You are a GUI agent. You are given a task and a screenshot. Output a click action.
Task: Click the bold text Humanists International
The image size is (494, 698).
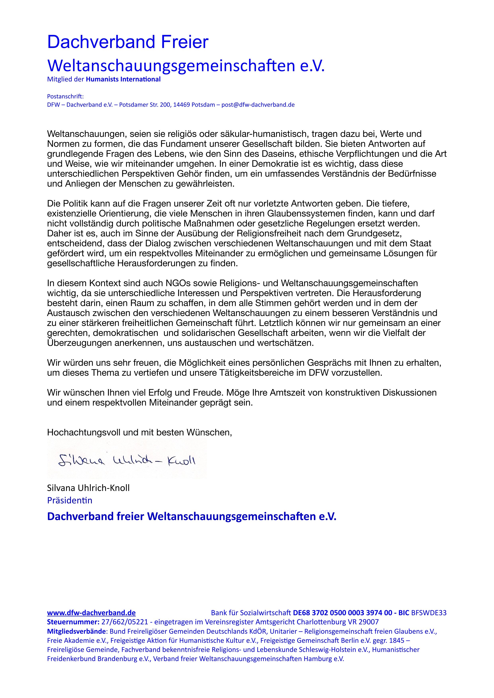(x=123, y=79)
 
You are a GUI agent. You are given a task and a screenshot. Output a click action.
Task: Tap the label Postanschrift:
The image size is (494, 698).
(x=65, y=96)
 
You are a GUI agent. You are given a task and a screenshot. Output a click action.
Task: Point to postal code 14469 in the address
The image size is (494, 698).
(x=182, y=105)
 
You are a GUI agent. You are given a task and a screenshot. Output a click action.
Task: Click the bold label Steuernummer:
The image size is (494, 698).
(x=72, y=622)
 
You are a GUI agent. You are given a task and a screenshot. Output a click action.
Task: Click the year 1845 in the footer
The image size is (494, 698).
(x=397, y=640)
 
